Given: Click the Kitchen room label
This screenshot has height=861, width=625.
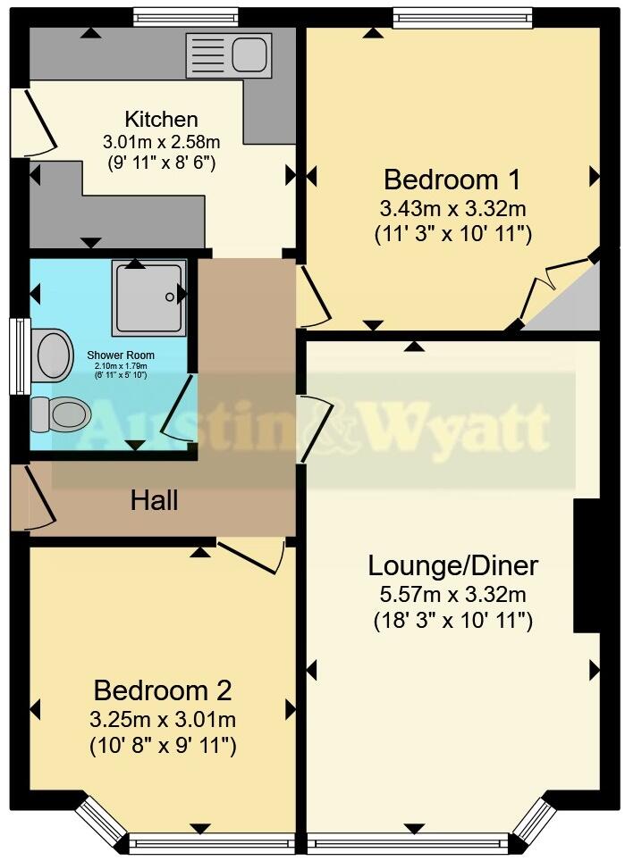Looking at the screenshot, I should coord(161,119).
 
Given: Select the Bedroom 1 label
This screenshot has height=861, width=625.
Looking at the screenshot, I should coord(452,180).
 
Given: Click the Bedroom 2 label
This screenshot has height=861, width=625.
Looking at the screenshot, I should coord(163,690).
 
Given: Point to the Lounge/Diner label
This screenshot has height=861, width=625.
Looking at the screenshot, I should coord(453,565).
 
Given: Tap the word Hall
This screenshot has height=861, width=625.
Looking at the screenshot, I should coord(154,500).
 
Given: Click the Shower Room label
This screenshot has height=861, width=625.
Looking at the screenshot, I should coord(121,355).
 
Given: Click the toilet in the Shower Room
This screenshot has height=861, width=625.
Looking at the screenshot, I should coord(61,414).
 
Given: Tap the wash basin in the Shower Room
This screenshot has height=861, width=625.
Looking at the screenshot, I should coord(53,354).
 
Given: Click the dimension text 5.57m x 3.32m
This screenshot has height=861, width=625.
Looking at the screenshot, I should coord(453,594).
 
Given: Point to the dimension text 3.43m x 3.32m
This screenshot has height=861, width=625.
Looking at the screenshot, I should coord(452,209).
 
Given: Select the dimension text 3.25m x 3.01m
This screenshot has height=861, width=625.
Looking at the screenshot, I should coord(163,720).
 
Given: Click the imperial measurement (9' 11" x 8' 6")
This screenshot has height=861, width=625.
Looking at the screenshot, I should coord(161,163).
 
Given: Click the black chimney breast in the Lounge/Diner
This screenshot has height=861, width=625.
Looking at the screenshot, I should coord(586,565).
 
